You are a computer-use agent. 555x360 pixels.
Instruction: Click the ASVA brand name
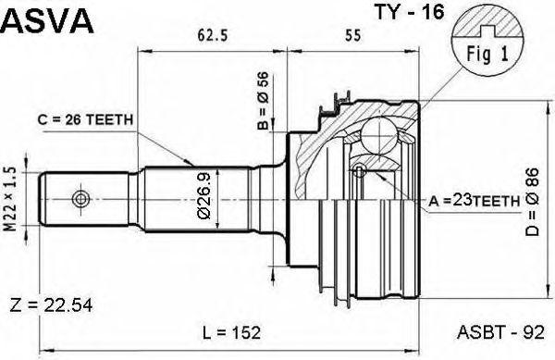48,20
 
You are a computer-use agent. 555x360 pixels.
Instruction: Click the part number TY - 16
409,12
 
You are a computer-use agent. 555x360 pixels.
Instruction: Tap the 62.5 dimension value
213,35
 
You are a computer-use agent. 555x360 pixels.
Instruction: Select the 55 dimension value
353,35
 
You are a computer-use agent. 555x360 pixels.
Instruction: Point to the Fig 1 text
487,55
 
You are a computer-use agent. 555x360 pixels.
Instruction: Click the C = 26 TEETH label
85,120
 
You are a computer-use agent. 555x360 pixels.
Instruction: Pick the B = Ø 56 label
263,101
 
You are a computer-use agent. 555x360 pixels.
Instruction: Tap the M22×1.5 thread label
12,199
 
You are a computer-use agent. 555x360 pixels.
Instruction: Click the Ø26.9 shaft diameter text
204,195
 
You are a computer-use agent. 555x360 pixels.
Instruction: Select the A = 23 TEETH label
475,202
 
